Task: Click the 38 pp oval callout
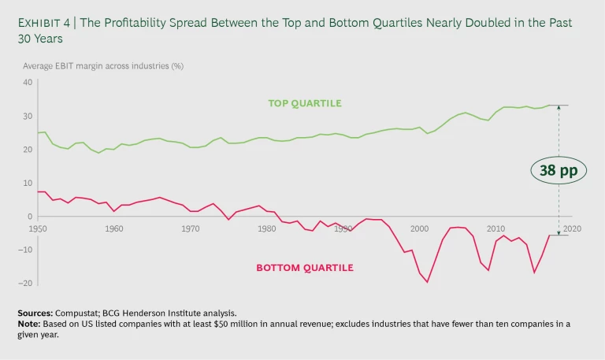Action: click(558, 169)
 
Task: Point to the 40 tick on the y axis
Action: click(28, 82)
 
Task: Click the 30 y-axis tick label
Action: click(28, 116)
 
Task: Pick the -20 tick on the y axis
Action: click(27, 284)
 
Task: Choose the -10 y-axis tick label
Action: click(27, 250)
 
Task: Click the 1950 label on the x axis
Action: click(39, 228)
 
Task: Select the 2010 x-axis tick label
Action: click(496, 228)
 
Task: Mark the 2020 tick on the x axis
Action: click(571, 228)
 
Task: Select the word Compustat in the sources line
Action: click(77, 313)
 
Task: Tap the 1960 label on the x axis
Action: click(114, 228)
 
